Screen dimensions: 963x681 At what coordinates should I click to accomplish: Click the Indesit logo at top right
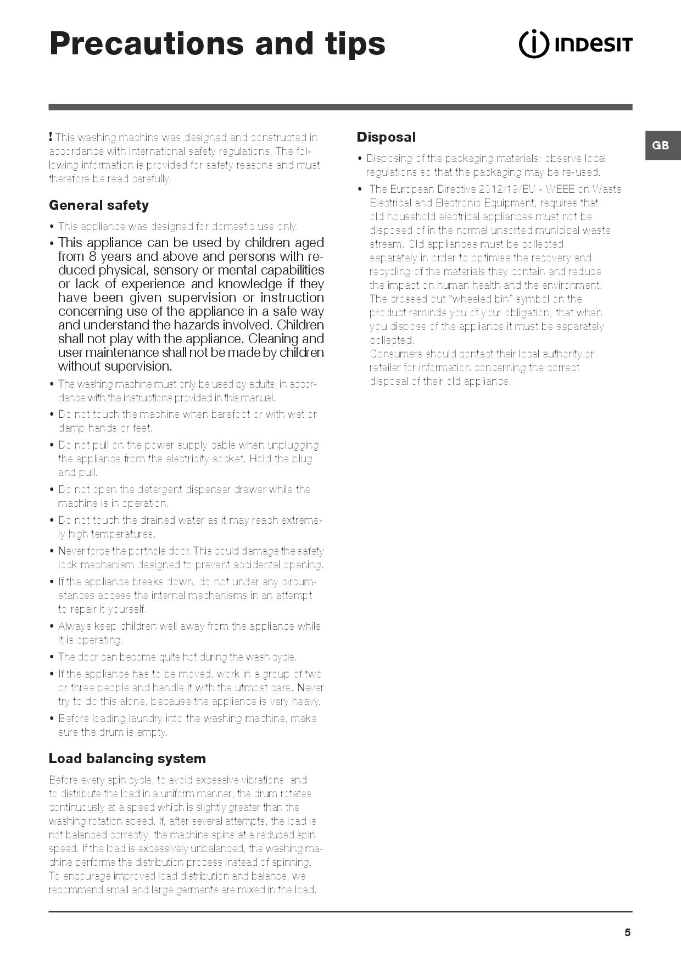point(576,44)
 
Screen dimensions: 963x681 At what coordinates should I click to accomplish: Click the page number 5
point(627,932)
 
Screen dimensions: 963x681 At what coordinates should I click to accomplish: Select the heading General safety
point(99,205)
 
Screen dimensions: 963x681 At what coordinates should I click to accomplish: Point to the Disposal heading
point(386,137)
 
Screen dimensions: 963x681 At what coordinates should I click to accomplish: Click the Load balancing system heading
point(127,759)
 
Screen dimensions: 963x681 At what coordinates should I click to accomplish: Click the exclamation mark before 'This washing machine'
point(51,137)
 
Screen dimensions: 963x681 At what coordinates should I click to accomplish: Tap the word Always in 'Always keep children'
point(75,626)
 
